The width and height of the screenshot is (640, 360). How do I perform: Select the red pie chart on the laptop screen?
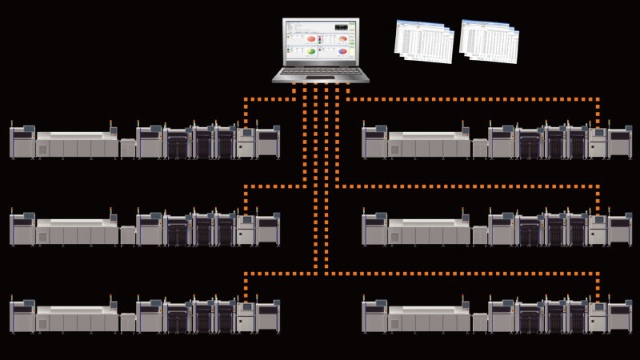click(311, 39)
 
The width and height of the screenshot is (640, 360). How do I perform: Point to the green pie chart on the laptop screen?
click(311, 52)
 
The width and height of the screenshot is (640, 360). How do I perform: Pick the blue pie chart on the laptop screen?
click(342, 52)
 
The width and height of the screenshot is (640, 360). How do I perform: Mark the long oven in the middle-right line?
click(429, 230)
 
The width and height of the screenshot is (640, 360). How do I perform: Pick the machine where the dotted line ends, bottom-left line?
click(246, 318)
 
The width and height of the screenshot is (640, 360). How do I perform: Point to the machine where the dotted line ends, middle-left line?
click(246, 230)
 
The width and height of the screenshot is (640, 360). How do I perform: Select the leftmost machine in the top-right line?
click(374, 142)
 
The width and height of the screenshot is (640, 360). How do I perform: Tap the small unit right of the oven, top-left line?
click(128, 148)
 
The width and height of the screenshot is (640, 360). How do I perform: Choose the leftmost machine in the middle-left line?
click(22, 230)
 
